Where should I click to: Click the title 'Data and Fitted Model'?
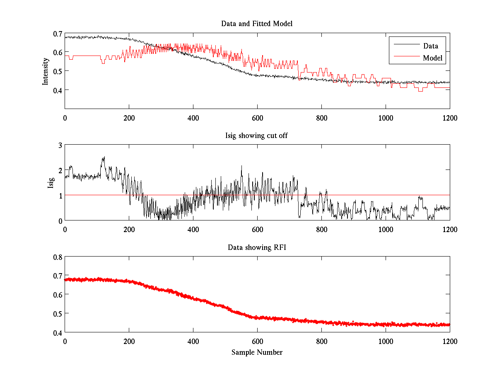point(257,24)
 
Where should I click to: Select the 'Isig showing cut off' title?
point(257,136)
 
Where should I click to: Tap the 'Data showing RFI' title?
point(257,247)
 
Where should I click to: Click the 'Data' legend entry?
point(431,46)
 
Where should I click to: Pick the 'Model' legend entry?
point(433,58)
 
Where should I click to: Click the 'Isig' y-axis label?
point(51,183)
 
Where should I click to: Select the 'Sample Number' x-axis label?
point(257,352)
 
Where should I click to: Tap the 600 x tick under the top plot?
point(257,118)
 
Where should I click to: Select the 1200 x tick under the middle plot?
point(450,229)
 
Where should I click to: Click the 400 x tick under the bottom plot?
point(193,341)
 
